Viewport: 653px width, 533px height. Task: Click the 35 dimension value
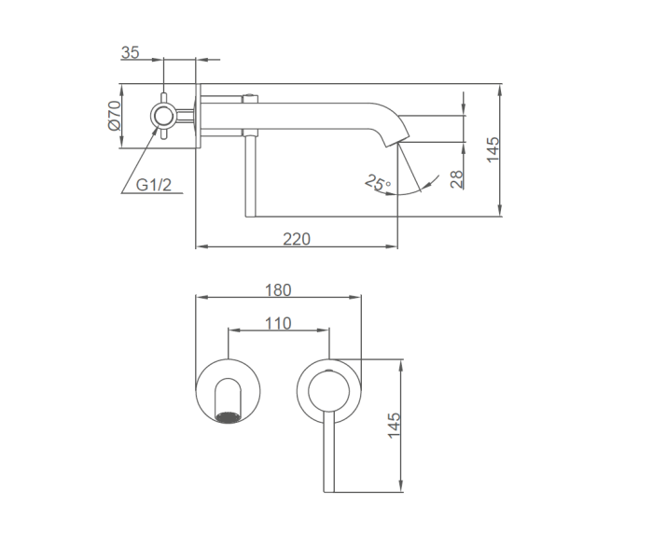click(130, 53)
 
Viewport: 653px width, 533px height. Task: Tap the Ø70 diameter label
click(114, 116)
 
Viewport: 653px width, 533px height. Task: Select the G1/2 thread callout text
click(154, 185)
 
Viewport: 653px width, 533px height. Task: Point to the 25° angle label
click(378, 183)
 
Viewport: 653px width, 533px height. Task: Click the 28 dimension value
click(457, 179)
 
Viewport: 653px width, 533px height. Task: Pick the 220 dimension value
click(297, 239)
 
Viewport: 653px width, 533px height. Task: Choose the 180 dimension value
click(278, 290)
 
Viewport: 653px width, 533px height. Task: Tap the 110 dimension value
click(278, 323)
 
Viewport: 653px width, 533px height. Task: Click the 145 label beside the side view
click(493, 149)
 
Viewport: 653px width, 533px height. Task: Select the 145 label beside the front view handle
click(394, 426)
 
